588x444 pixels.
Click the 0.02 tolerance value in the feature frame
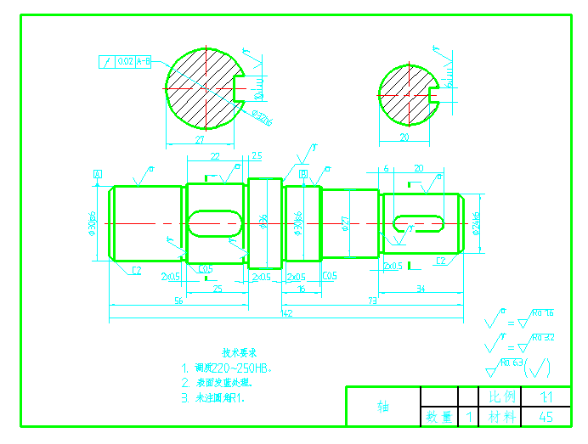click(x=125, y=62)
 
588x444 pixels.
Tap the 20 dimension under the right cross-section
click(x=404, y=136)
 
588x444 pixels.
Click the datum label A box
click(x=98, y=174)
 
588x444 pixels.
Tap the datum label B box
click(x=302, y=173)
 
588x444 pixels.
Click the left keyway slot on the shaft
click(x=215, y=222)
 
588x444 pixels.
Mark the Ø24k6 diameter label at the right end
click(x=477, y=223)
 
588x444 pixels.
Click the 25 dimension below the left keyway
click(x=217, y=289)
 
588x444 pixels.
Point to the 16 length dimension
click(x=302, y=289)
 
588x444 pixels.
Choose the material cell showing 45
click(x=546, y=417)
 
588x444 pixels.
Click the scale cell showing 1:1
click(x=546, y=396)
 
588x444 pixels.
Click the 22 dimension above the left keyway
click(x=214, y=156)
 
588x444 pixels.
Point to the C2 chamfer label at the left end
click(x=135, y=270)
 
